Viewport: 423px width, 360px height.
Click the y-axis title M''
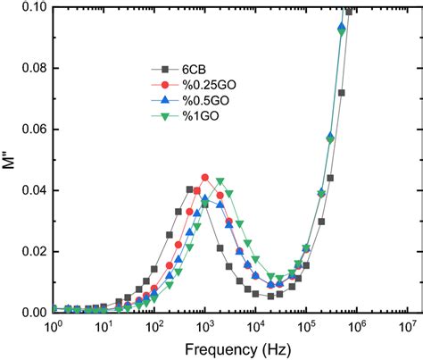coord(10,161)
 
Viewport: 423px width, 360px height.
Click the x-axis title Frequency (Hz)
coord(231,348)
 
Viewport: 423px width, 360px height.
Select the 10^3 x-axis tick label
coord(205,326)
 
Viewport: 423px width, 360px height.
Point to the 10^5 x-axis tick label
coord(307,326)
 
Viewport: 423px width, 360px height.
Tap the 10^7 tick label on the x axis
coord(408,326)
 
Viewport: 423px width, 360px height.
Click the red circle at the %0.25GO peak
coord(205,177)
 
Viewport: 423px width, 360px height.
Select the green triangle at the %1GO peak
coord(220,182)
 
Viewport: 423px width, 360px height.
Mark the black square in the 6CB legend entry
coord(163,71)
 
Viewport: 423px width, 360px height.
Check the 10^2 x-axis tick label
coord(154,326)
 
